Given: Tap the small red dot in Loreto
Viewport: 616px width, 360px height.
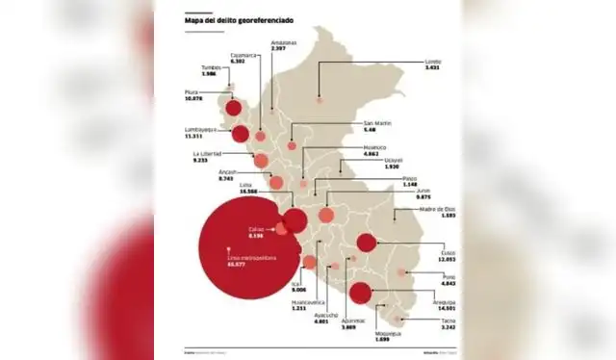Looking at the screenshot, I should [320, 99].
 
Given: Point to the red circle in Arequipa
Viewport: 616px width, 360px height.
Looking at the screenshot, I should [360, 294].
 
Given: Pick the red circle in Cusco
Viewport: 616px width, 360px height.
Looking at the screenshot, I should [366, 243].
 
